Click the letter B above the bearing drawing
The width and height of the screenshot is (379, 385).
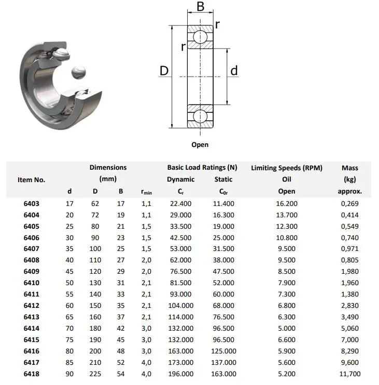pos(200,8)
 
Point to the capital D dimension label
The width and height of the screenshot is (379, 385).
pos(164,71)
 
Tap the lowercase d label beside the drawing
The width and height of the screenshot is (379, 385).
pos(234,71)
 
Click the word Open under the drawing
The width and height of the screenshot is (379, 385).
pos(200,145)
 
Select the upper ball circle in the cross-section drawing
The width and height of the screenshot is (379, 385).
pos(200,37)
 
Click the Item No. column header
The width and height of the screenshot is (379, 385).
pos(32,180)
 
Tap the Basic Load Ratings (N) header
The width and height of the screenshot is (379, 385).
pos(202,168)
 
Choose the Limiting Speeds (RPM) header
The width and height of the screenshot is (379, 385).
pos(287,168)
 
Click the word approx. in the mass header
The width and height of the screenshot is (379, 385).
pos(349,191)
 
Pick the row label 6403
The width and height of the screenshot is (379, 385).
pos(32,203)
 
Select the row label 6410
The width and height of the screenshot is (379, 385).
pos(32,283)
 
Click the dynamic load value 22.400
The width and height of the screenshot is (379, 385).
pos(180,203)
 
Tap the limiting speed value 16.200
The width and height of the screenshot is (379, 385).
pos(287,203)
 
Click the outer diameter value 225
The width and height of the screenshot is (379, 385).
pos(95,374)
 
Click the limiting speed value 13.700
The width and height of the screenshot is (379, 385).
pos(287,215)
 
